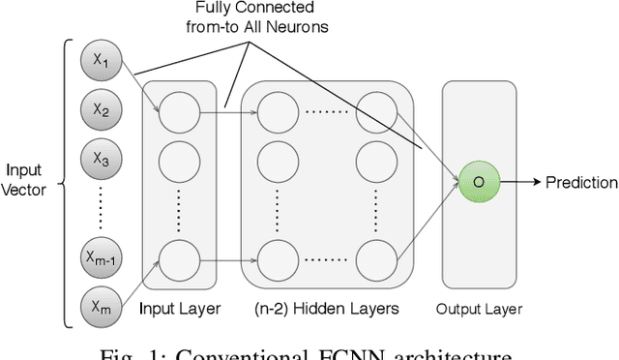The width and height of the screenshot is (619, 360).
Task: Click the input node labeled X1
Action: pyautogui.click(x=103, y=63)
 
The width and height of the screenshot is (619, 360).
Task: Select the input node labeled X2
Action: pyautogui.click(x=103, y=109)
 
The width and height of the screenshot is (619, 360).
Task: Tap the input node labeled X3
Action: pyautogui.click(x=103, y=155)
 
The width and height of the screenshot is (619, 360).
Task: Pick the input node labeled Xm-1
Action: pyautogui.click(x=103, y=256)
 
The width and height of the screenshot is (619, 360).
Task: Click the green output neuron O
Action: pyautogui.click(x=477, y=182)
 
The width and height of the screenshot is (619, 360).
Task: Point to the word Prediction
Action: pyautogui.click(x=580, y=182)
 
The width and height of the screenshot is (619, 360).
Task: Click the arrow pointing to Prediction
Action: pyautogui.click(x=519, y=182)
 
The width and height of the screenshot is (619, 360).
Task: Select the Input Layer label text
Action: pyautogui.click(x=180, y=309)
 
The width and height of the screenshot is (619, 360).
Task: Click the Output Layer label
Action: pyautogui.click(x=480, y=310)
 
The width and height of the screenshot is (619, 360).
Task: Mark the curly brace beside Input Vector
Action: pyautogui.click(x=64, y=182)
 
